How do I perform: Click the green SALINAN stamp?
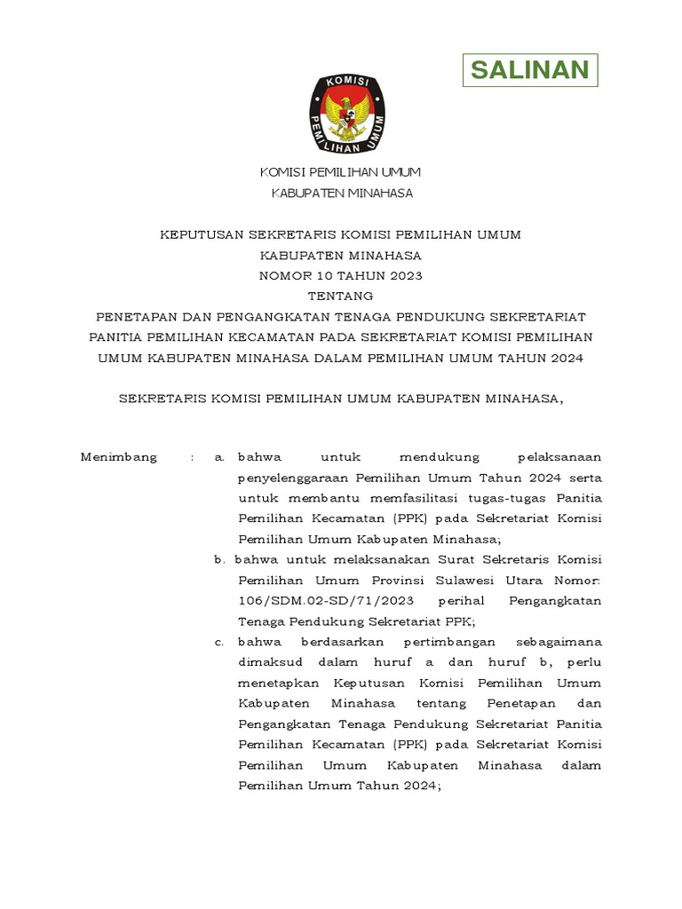tap(530, 70)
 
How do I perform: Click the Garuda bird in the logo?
tap(346, 115)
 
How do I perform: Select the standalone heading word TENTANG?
tap(341, 296)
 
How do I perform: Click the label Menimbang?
tap(119, 457)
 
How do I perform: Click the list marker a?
tap(218, 457)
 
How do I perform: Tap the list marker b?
tap(218, 560)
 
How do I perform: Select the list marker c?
tap(218, 642)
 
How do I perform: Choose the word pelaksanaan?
tap(559, 457)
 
